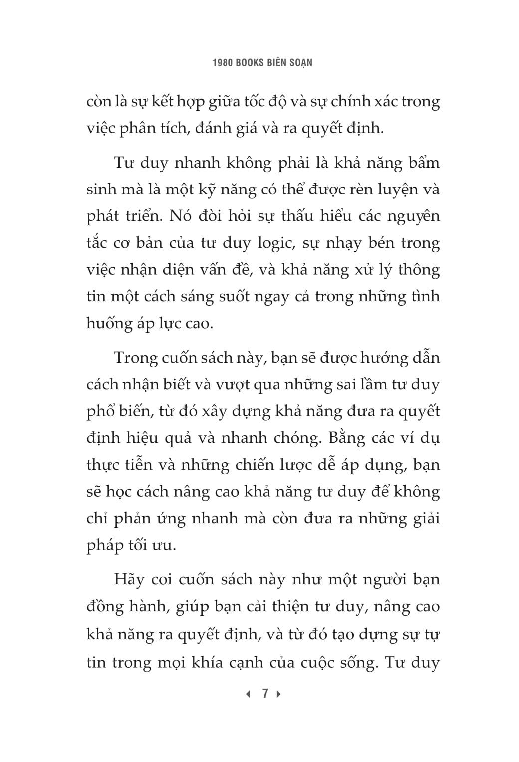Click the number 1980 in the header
tap(222, 63)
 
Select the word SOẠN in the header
tap(300, 63)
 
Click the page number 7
tap(265, 693)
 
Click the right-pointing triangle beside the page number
tap(279, 694)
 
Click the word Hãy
tap(129, 579)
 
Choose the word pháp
tap(105, 546)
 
